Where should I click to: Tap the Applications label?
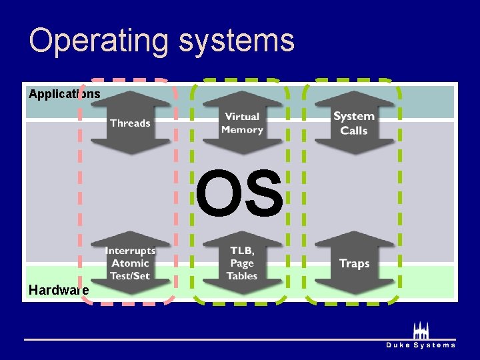(65, 94)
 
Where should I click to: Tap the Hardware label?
(59, 290)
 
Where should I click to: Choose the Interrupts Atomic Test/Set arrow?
(131, 263)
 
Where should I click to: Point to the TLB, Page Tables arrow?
(242, 263)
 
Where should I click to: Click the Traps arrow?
(354, 263)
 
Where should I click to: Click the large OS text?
(239, 194)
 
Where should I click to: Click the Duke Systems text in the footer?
(421, 345)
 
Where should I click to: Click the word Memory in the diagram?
(242, 130)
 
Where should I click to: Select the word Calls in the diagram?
(354, 131)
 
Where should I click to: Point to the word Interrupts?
(131, 251)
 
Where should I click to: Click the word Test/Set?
(131, 275)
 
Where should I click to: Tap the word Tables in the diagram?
(242, 275)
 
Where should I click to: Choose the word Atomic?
(131, 263)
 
